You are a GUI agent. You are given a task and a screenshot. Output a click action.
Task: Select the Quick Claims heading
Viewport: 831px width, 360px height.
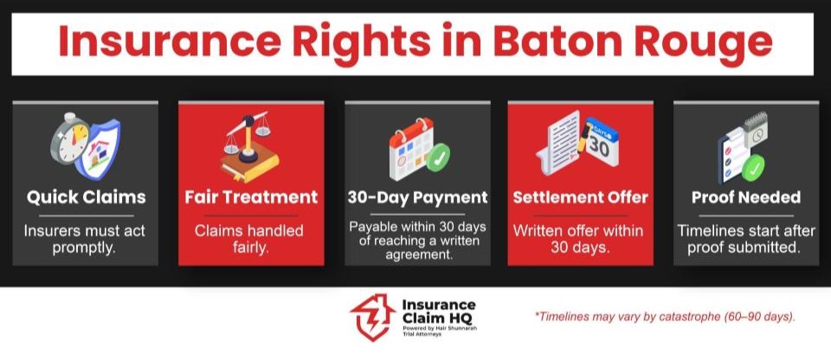coord(87,197)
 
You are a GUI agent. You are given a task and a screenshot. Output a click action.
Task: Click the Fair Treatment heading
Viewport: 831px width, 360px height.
coord(251,197)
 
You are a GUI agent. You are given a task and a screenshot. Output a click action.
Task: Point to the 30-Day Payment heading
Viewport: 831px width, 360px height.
coord(417,197)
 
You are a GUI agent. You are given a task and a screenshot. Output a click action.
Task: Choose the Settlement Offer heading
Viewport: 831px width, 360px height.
coord(580,197)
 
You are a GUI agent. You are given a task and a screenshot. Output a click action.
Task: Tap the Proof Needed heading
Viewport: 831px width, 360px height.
coord(745,197)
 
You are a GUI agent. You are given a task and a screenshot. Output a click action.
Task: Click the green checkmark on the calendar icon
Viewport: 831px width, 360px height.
coord(439,157)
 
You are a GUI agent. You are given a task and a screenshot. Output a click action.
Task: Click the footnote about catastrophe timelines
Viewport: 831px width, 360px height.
coord(664,317)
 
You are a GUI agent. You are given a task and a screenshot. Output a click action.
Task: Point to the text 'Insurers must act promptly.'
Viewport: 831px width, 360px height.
coord(87,240)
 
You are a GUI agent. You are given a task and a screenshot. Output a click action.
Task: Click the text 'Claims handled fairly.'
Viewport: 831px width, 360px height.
coord(251,240)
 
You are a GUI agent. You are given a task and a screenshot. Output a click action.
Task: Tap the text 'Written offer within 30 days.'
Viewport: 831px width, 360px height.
coord(580,240)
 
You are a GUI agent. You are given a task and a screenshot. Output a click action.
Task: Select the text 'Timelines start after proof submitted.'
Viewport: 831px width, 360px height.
coord(745,240)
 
